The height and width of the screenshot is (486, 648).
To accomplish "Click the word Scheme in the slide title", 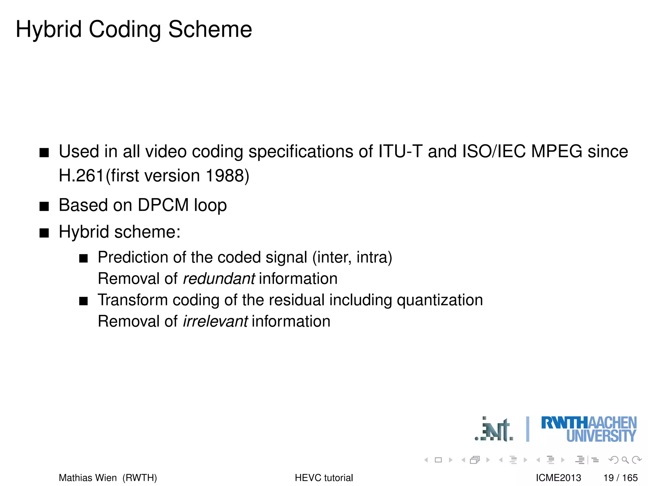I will pos(210,29).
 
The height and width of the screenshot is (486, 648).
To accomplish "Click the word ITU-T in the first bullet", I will pos(400,151).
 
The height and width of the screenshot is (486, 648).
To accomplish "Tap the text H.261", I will pos(81,176).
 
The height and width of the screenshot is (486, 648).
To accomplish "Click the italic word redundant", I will pos(219,279).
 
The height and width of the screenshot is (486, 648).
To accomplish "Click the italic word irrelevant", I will pos(215,321).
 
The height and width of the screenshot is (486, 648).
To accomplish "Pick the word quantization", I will pos(440,300).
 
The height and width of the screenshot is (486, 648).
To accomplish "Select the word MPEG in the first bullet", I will pos(557,151).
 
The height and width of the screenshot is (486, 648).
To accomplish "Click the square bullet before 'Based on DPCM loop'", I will pos(44,207).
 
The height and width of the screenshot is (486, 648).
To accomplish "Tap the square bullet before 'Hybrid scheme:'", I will pos(44,233).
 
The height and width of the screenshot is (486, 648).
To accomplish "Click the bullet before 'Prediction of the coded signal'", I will pos(84,259).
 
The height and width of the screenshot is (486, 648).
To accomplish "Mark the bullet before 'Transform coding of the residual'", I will pos(84,301).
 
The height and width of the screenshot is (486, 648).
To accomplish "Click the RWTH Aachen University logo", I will pos(589,429).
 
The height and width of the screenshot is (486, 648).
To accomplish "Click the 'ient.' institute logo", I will pos(494,430).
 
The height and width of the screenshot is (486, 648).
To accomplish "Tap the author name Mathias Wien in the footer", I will pos(88,478).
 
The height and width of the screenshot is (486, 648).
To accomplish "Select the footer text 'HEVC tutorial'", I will pos(324,478).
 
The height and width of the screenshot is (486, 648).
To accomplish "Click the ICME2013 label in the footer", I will pos(558,478).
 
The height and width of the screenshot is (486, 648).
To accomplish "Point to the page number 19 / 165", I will pos(620,478).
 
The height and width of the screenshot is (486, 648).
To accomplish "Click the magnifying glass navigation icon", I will pos(625,460).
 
